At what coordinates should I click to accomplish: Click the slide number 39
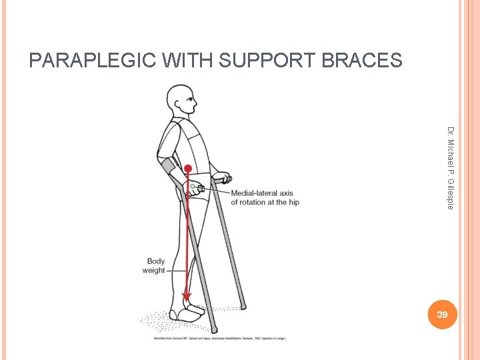pyautogui.click(x=442, y=313)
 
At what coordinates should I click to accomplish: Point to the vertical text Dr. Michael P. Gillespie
pyautogui.click(x=451, y=167)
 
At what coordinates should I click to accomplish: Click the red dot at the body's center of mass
pyautogui.click(x=189, y=169)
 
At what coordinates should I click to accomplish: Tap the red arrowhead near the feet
pyautogui.click(x=187, y=295)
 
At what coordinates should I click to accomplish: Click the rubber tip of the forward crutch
pyautogui.click(x=243, y=307)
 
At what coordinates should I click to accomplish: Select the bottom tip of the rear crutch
pyautogui.click(x=213, y=329)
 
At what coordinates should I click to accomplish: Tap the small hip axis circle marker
pyautogui.click(x=192, y=185)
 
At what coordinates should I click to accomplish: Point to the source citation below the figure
pyautogui.click(x=220, y=339)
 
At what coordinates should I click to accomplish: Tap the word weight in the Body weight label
pyautogui.click(x=154, y=271)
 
